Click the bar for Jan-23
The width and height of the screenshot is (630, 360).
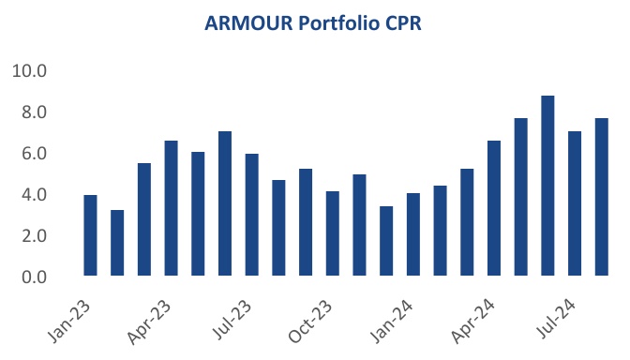91,235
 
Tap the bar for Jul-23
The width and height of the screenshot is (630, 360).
252,215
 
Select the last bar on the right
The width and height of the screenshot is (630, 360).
602,197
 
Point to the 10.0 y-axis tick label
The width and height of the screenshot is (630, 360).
30,71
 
